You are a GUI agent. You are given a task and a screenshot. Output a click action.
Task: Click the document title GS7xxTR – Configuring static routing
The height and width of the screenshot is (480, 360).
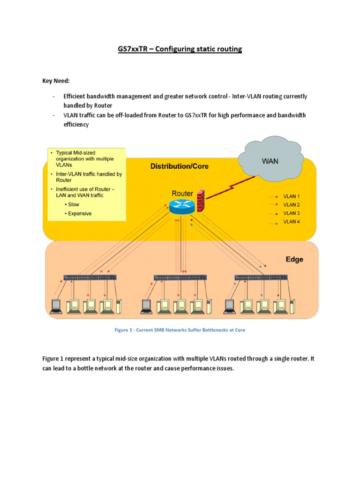pos(180,49)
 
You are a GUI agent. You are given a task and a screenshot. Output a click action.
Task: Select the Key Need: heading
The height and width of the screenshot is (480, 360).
pos(57,81)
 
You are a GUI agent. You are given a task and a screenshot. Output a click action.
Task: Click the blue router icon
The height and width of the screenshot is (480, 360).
pos(181,206)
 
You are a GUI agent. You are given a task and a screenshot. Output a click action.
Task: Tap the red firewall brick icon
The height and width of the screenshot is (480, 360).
pos(201,201)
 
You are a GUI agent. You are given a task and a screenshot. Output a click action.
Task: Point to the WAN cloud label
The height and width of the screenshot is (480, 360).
pos(270,161)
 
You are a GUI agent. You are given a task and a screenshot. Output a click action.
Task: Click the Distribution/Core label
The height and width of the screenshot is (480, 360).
pos(180,166)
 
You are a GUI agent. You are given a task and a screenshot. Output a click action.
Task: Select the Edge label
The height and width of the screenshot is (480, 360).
pos(294,260)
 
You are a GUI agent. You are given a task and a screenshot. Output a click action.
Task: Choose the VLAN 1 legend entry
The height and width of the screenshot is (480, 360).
pos(291,196)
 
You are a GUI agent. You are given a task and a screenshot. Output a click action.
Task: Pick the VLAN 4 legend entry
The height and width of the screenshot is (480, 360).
pos(291,222)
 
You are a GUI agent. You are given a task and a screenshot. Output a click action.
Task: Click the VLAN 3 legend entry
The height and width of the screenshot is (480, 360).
pos(291,213)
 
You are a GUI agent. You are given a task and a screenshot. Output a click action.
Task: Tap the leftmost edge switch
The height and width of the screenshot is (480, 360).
pos(90,277)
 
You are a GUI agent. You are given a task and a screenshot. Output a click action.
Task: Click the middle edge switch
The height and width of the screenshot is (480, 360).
pos(180,277)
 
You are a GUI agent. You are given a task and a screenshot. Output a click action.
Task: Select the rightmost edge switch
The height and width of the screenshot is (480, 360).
pos(261,277)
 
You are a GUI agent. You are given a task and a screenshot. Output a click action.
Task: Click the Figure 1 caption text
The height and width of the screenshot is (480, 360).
pos(180,330)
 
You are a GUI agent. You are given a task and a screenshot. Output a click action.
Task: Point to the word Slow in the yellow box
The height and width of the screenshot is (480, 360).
pos(74,204)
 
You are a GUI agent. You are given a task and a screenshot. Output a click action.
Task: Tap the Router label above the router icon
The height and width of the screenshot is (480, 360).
pos(182,193)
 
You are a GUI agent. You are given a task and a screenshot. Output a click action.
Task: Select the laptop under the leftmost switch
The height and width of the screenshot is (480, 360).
pos(56,305)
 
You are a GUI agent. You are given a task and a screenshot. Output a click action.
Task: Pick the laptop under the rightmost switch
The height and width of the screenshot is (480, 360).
pos(229,305)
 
